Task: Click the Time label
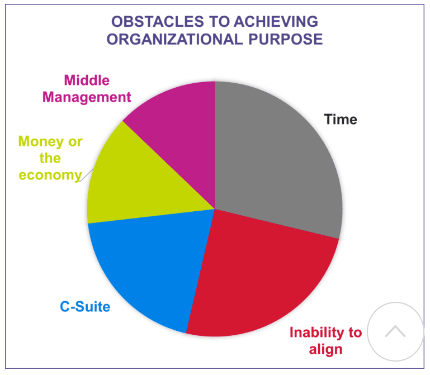click(x=341, y=120)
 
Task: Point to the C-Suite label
click(x=85, y=306)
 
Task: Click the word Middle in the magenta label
click(x=87, y=80)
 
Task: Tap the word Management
click(x=87, y=97)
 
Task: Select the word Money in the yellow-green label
click(x=41, y=142)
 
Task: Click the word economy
click(x=50, y=175)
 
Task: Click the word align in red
click(x=326, y=349)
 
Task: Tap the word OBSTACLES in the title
click(x=158, y=22)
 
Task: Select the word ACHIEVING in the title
click(x=276, y=22)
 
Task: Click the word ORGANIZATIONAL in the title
click(x=174, y=39)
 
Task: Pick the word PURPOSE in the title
click(x=286, y=39)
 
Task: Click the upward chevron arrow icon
click(x=395, y=331)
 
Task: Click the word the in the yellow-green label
click(x=50, y=159)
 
